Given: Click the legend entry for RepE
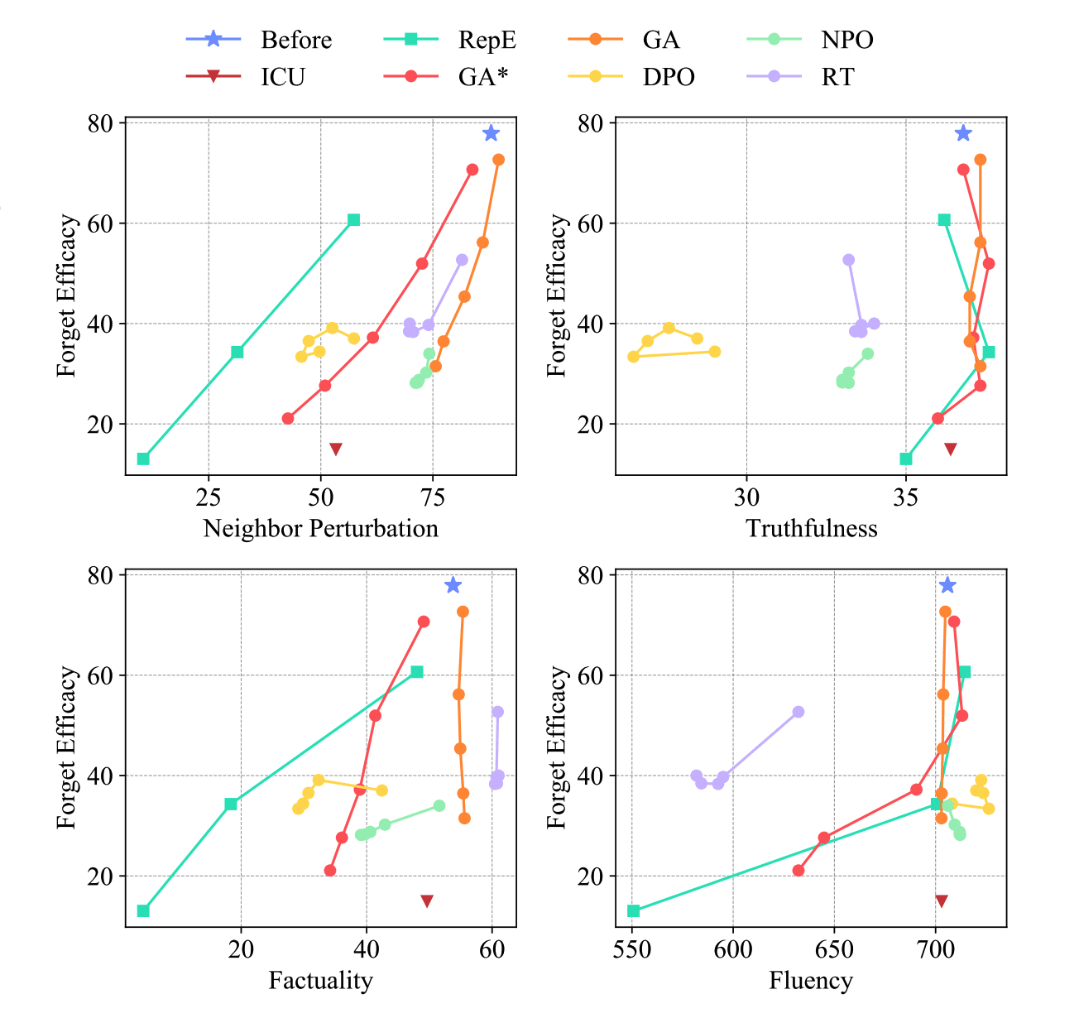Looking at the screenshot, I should (487, 40).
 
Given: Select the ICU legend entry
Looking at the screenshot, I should (283, 77).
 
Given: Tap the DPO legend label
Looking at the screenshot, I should (669, 77).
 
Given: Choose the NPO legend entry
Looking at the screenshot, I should (847, 40).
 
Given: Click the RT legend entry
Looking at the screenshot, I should (837, 77).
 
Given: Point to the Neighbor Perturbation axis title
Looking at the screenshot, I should (320, 529).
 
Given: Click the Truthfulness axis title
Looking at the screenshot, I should (811, 529).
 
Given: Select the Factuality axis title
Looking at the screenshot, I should (320, 981).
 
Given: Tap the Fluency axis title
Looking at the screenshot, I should (811, 981).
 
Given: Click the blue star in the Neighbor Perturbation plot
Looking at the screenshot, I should (492, 133).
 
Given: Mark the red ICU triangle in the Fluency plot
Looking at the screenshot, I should (941, 901).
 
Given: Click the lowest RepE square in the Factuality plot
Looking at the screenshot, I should (143, 910).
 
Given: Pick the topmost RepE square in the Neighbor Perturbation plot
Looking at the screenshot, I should (353, 220).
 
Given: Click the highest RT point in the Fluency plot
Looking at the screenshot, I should (798, 712).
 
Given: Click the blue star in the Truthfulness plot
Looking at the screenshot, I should (963, 133).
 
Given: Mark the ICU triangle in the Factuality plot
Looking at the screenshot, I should (427, 901).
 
